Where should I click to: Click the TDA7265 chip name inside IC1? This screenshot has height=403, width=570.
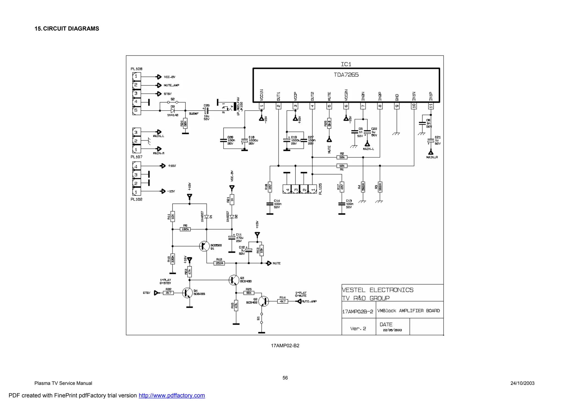coord(346,75)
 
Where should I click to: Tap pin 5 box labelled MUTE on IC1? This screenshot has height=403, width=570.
coord(329,106)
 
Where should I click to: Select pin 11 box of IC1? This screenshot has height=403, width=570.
coord(431,106)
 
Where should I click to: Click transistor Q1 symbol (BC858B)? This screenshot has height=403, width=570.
coord(205,246)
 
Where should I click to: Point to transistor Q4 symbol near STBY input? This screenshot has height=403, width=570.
coord(187,293)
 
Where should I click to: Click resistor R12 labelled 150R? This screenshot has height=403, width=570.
coord(219,263)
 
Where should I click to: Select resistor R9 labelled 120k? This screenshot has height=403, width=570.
coord(185,229)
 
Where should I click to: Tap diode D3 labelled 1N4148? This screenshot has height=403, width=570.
coord(173,111)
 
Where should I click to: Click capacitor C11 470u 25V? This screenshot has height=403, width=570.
coord(232,238)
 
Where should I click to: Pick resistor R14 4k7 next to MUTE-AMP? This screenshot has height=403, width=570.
coord(282,301)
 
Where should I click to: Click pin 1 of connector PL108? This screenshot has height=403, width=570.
coord(136,76)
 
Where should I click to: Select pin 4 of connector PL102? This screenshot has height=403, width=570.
coord(136,166)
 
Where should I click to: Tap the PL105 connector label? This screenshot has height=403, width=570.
coord(320,189)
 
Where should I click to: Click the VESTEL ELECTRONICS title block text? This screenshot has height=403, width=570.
coord(377,290)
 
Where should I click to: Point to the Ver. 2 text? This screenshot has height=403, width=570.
coord(358,329)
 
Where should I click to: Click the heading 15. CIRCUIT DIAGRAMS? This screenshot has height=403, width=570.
coord(67,29)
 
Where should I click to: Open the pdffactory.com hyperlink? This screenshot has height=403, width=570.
coord(172,395)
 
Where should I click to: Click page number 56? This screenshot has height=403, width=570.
coord(285,378)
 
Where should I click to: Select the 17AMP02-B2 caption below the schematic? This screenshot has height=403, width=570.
coord(285,346)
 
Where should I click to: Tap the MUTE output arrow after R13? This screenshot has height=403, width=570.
coord(269,263)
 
